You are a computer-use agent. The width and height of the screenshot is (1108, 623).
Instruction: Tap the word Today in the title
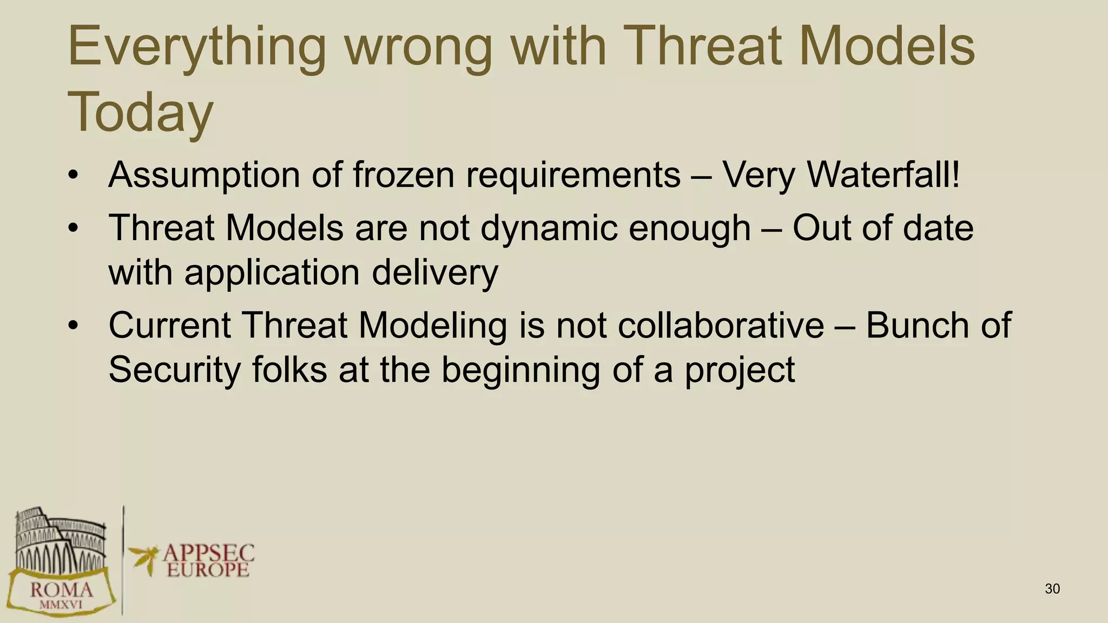[141, 113]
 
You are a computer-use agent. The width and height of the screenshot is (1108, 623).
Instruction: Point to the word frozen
[403, 175]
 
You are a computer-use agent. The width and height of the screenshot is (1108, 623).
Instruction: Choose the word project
[740, 370]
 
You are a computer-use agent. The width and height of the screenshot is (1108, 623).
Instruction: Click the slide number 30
[1052, 589]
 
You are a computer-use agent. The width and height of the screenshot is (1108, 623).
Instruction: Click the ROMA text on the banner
[61, 589]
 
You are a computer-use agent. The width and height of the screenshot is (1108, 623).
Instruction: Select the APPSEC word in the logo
[208, 553]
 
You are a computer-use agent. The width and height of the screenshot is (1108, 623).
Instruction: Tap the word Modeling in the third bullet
[432, 326]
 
